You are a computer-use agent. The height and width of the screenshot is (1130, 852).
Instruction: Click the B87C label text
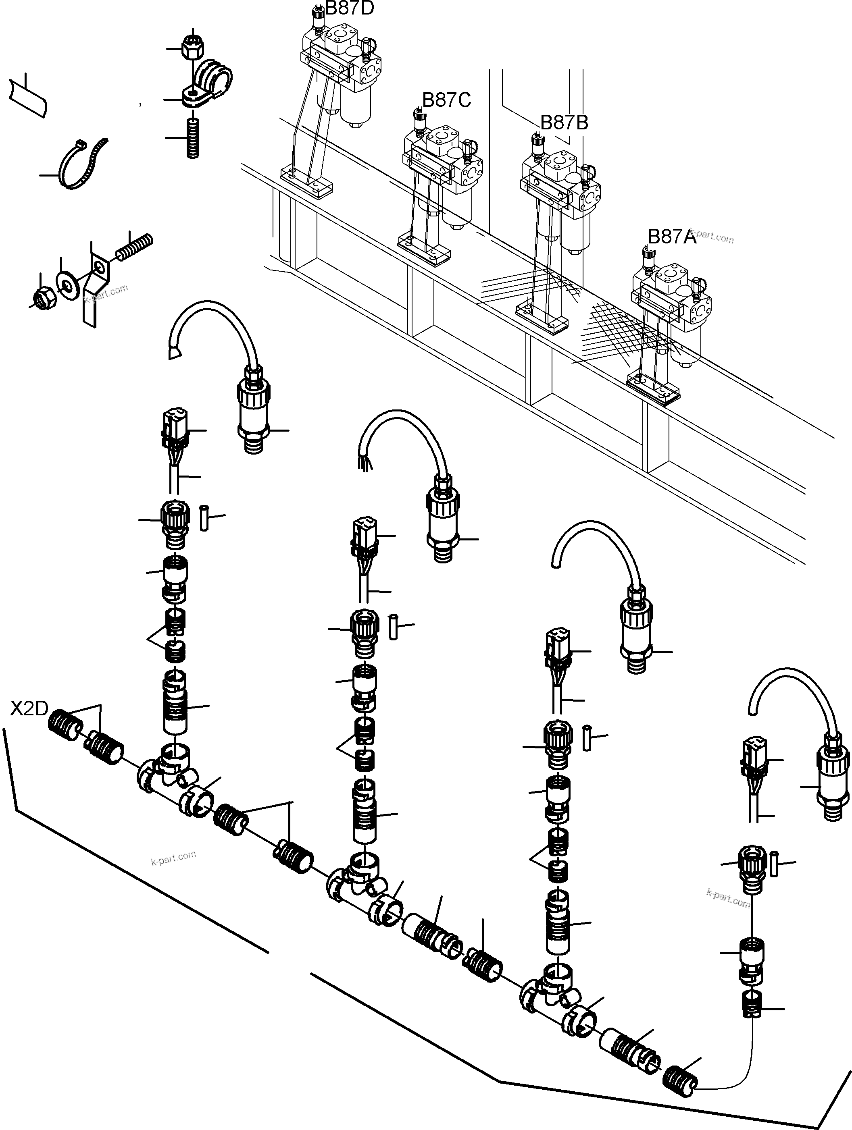pyautogui.click(x=446, y=100)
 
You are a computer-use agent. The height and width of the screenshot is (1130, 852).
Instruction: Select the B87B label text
pyautogui.click(x=564, y=123)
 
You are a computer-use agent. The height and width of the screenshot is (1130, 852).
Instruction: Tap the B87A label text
pyautogui.click(x=672, y=237)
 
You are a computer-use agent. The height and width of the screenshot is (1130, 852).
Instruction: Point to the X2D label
pyautogui.click(x=29, y=708)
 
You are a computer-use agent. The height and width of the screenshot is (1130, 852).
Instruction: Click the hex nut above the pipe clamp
pyautogui.click(x=193, y=48)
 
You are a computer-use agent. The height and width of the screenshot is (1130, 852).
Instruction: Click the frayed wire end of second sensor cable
pyautogui.click(x=363, y=462)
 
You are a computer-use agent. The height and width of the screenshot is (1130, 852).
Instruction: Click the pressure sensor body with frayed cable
pyautogui.click(x=443, y=526)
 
